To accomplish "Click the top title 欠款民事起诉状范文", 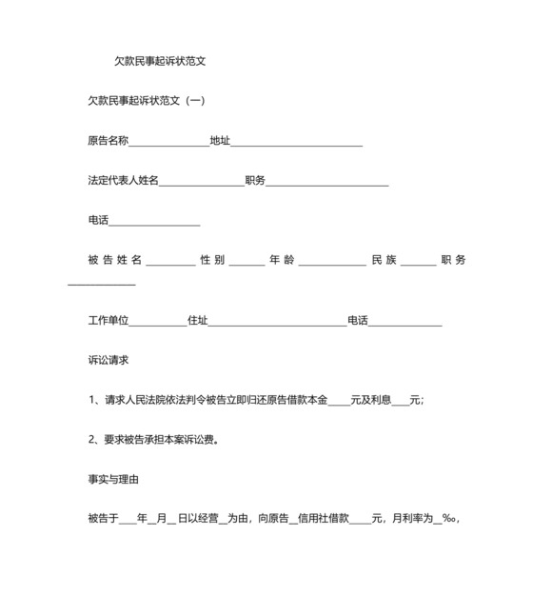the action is [x=160, y=61].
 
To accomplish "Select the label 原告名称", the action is [x=108, y=141].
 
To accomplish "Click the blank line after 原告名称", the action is [x=168, y=143].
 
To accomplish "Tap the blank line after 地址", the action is [x=296, y=143].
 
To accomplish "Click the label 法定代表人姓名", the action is [x=123, y=181].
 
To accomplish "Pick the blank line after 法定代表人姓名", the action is [x=202, y=183].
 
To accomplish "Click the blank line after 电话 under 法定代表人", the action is [x=154, y=223].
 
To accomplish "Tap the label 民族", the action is [x=384, y=260].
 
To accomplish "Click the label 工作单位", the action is [x=108, y=321].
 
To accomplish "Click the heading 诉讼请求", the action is [x=108, y=361].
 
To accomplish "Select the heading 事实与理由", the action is [x=114, y=480].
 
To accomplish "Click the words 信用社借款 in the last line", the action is [x=325, y=519].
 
